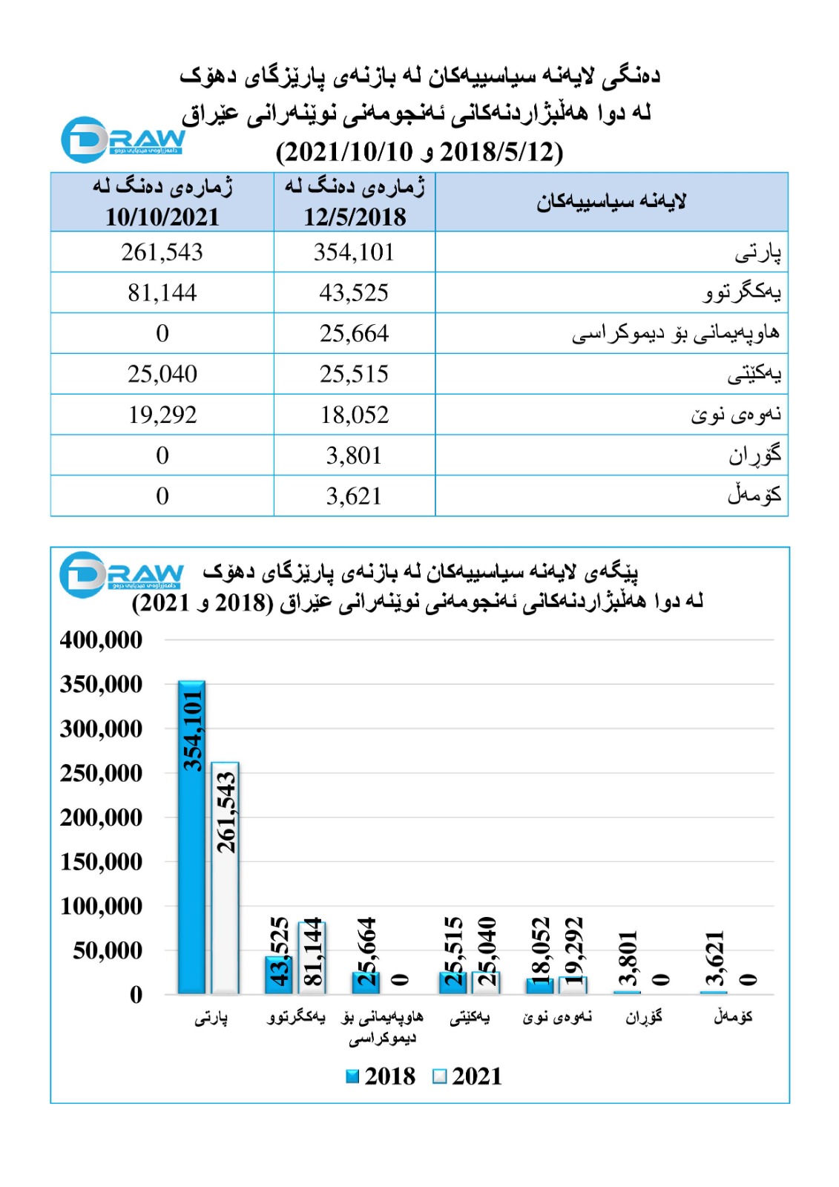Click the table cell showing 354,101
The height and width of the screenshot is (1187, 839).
coord(354,252)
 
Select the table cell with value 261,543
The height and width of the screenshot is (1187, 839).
coord(162,252)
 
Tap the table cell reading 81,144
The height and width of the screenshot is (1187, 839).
coord(162,293)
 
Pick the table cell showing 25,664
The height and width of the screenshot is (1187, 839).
coord(354,333)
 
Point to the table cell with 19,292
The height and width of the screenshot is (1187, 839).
coord(162,415)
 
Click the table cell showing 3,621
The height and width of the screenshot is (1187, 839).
coord(354,496)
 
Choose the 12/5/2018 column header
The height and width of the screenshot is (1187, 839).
coord(355,202)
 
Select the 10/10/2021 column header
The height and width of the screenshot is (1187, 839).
coord(162,202)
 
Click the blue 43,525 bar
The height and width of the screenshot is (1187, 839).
coord(278,976)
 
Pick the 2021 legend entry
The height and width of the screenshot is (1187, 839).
coord(467,1076)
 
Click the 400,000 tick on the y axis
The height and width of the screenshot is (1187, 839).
coord(101,639)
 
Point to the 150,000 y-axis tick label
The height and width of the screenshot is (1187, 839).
coord(101,861)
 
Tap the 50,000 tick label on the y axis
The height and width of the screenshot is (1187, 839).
coord(108,950)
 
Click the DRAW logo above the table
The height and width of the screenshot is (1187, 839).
coord(122,139)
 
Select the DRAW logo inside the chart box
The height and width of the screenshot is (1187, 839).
coord(121,573)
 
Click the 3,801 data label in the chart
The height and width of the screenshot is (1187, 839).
coord(628,958)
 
